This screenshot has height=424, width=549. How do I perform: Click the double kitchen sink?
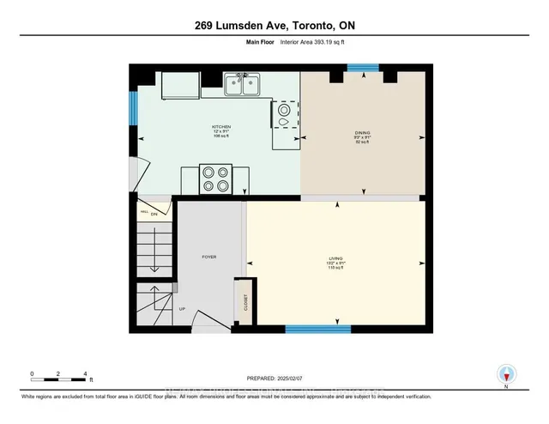(243, 84)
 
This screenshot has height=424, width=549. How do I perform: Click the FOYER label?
(208, 257)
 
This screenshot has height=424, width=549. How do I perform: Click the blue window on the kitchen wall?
(133, 107)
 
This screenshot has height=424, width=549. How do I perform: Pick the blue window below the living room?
(317, 329)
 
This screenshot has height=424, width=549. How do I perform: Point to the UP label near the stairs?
(181, 309)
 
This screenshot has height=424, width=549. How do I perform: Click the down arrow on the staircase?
(154, 257)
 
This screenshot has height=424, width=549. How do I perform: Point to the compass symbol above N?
(507, 374)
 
